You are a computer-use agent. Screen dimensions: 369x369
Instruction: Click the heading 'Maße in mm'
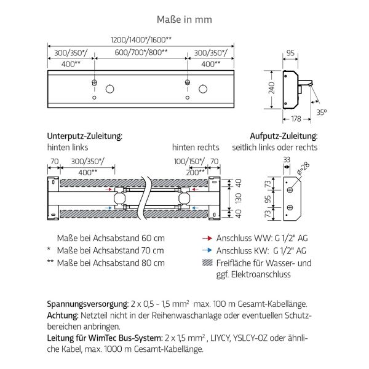coord(184,19)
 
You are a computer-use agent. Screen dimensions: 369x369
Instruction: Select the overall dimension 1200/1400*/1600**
coord(140,39)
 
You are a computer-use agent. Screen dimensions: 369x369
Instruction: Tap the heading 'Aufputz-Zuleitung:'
coord(284,135)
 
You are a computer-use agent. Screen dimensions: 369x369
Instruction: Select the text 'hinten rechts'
coord(196,148)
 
